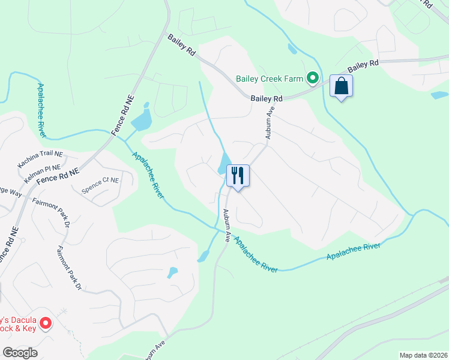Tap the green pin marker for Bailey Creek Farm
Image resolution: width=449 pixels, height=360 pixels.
tap(312, 78)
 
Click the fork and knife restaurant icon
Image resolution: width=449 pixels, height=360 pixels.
tap(238, 176)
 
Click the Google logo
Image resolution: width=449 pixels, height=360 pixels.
tap(20, 353)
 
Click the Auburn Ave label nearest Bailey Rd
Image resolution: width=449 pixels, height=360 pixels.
tap(270, 124)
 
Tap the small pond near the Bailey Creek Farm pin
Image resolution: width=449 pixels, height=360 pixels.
tap(292, 49)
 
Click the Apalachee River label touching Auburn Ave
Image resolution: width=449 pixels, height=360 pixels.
tap(255, 255)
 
